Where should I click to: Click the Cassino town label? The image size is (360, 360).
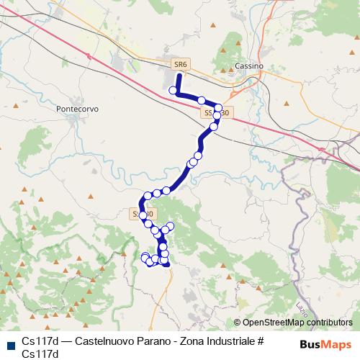pyautogui.click(x=250, y=66)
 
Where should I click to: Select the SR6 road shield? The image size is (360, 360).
pyautogui.click(x=181, y=64)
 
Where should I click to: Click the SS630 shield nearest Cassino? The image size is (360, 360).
pyautogui.click(x=215, y=113)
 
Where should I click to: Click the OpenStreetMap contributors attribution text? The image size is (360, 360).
pyautogui.click(x=297, y=323)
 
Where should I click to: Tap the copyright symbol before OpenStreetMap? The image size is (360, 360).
pyautogui.click(x=237, y=323)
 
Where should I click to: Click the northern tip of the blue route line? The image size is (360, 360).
pyautogui.click(x=179, y=74)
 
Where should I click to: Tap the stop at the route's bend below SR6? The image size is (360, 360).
pyautogui.click(x=173, y=91)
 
